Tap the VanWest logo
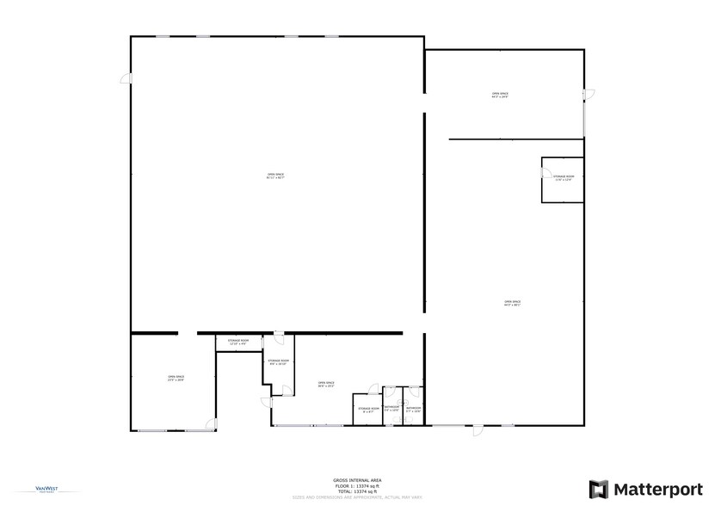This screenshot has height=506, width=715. pos(35,490)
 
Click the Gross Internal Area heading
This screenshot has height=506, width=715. pos(357,479)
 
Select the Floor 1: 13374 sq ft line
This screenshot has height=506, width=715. pos(357,485)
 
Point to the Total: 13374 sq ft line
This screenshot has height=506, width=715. pos(357,491)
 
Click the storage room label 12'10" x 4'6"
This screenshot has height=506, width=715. pos(238,342)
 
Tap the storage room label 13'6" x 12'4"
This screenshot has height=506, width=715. pos(564,178)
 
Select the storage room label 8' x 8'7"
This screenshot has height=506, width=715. pos(368,410)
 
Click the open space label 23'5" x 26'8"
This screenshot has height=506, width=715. pos(176,379)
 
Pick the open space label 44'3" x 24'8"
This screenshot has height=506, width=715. pos(500,96)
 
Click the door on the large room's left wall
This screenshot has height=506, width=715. pos(126,79)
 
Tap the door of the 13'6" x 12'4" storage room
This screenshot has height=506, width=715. pos(545,173)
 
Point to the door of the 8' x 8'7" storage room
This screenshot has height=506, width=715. pos(374,390)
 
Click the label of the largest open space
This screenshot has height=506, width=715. pos(275,176)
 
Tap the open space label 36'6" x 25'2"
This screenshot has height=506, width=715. pos(326,385)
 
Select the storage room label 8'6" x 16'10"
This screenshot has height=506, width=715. pos(278,362)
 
